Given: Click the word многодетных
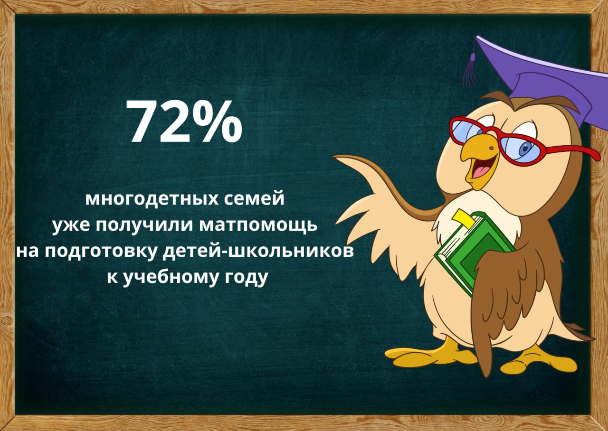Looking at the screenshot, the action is coord(152,199).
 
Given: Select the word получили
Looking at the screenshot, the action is coord(144,225).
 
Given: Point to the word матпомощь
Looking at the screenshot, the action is coord(258,225).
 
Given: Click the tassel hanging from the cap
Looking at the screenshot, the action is coord(471,71).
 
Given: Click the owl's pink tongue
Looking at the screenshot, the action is coord(481,171).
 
